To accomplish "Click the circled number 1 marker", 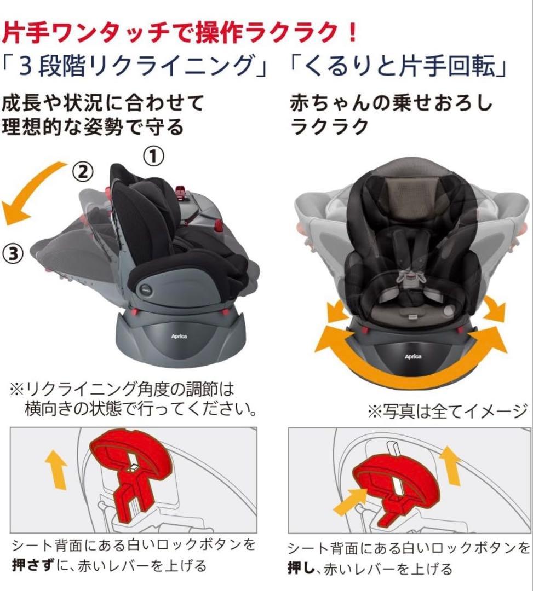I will (x=153, y=157).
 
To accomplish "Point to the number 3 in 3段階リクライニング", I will (x=24, y=66).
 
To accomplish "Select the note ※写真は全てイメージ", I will (x=446, y=409).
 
